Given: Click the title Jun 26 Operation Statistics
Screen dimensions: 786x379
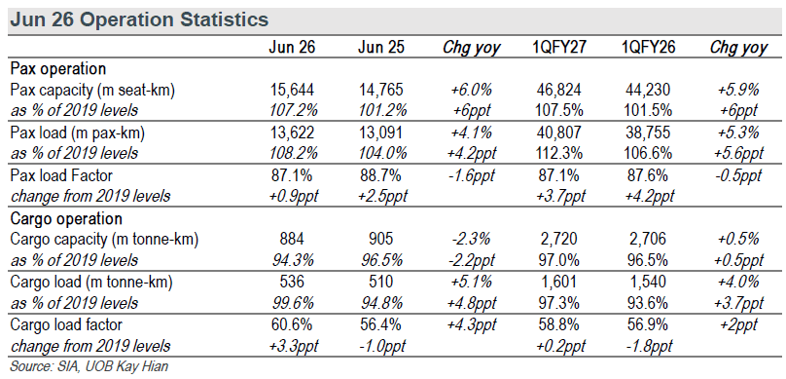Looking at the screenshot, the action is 139,19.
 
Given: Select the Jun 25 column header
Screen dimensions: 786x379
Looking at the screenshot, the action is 381,47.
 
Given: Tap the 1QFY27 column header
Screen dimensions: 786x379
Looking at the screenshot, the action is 560,47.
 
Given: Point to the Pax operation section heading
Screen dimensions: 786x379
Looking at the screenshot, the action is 58,69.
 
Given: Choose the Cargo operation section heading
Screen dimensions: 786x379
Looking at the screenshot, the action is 66,219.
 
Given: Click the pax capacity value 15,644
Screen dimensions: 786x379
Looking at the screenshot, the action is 292,90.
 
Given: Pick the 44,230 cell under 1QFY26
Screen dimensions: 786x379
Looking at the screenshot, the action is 648,90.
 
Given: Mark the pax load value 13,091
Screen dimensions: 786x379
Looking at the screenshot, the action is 381,133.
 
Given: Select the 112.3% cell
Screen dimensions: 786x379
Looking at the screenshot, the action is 560,154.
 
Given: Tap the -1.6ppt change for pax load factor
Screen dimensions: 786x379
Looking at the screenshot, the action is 471,175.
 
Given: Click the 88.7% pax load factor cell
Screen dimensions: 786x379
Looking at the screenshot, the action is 381,175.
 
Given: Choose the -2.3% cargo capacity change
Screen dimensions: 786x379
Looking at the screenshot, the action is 471,240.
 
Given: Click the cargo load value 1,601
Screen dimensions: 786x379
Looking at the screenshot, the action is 560,283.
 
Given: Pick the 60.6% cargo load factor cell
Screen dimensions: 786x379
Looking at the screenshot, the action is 292,324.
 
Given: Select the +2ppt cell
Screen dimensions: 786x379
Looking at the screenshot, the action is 738,325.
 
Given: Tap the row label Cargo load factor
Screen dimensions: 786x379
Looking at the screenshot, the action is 66,325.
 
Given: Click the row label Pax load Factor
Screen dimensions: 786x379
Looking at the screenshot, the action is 61,175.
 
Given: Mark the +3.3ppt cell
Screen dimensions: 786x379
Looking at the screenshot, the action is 292,347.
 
